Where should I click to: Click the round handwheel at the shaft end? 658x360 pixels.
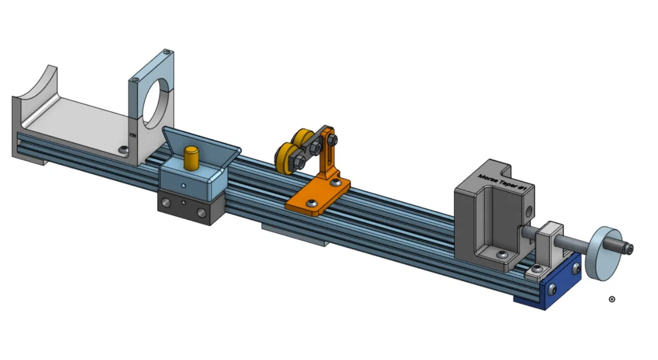coord(603,254)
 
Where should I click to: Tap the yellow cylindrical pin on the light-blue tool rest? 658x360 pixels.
coord(191,157)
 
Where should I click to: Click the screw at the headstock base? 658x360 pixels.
coord(123,149)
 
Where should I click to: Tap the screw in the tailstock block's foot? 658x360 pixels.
coord(503,255)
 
